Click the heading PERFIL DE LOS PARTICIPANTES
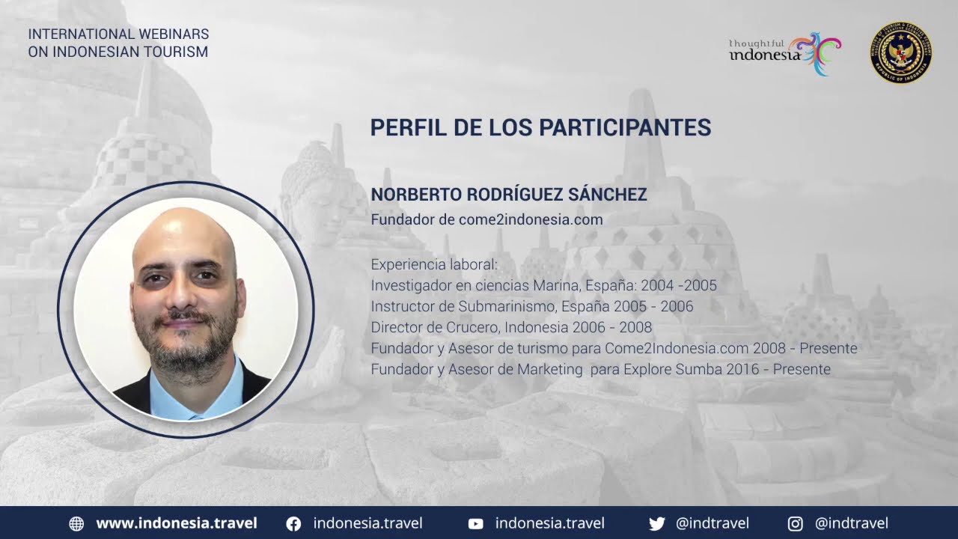click(540, 127)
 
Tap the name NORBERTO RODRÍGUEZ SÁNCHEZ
click(508, 194)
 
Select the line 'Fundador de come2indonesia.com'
click(486, 219)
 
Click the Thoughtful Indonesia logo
click(785, 54)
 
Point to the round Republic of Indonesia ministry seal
click(900, 52)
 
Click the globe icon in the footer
click(76, 523)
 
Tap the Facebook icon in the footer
click(293, 523)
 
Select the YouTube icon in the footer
click(475, 523)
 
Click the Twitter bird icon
click(657, 523)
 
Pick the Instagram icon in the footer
click(795, 523)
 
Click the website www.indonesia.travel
click(177, 523)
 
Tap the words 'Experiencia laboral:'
click(434, 264)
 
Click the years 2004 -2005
click(679, 285)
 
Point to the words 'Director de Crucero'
click(436, 327)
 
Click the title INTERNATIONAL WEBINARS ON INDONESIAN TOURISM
click(118, 43)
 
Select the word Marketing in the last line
click(550, 369)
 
